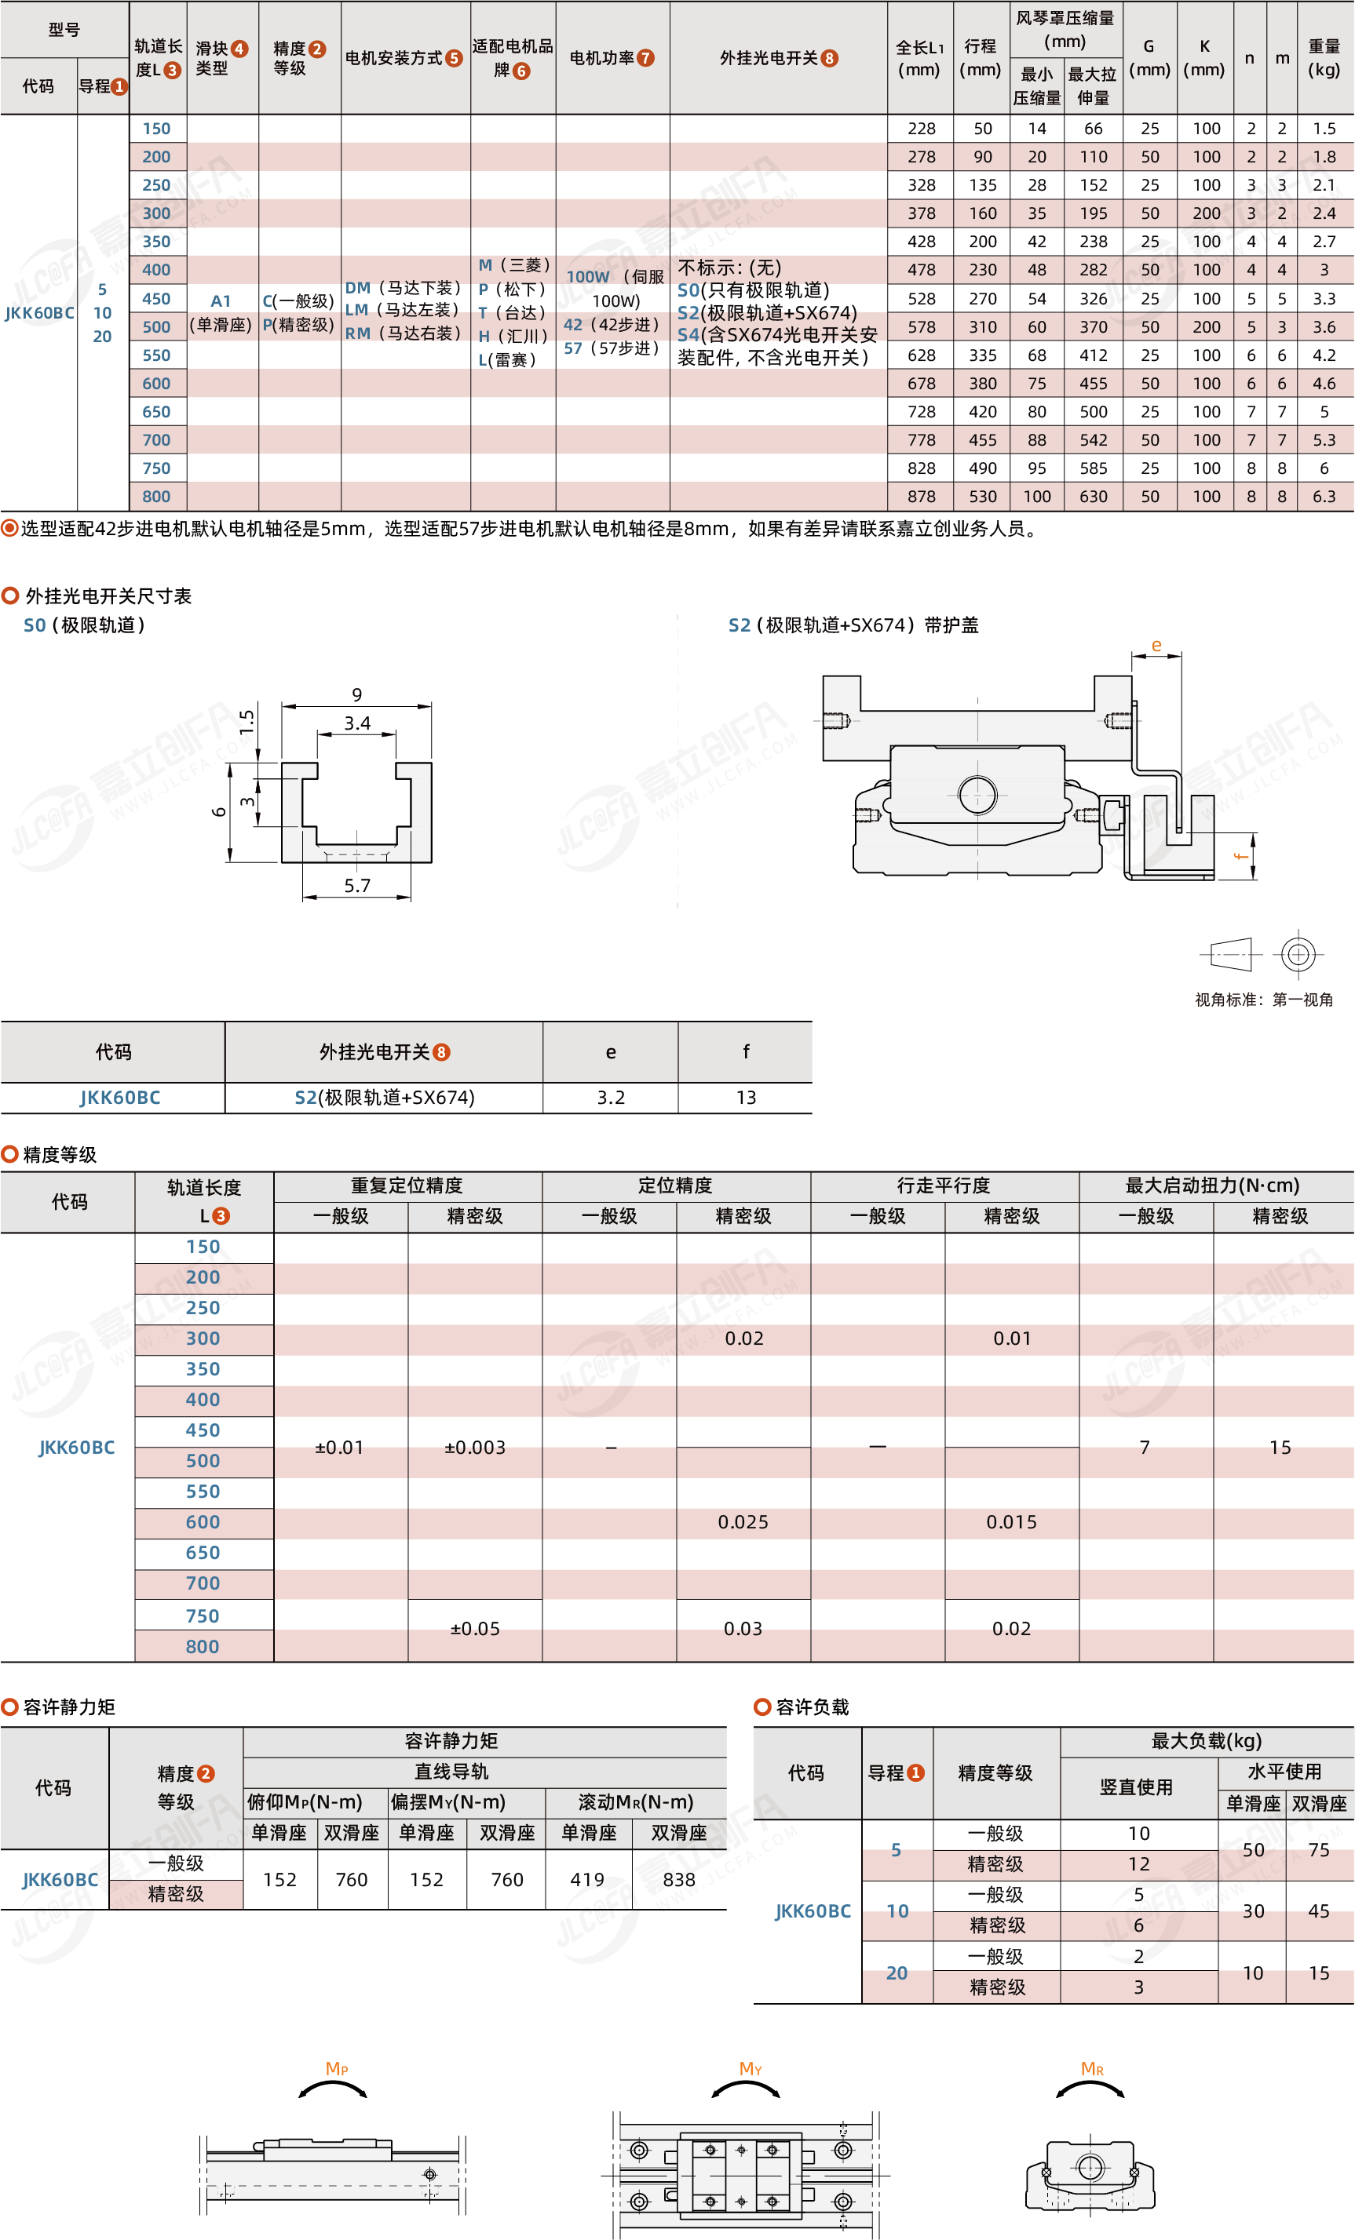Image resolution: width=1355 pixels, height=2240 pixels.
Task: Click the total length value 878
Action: point(920,497)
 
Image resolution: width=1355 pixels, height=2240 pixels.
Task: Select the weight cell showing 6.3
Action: point(1324,497)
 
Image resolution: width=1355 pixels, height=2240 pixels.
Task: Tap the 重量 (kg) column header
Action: point(1324,57)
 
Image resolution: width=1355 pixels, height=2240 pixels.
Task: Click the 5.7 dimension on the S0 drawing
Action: point(357,886)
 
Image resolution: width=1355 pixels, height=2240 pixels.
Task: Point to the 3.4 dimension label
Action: point(356,723)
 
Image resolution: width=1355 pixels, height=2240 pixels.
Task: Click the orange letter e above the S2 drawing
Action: point(1156,646)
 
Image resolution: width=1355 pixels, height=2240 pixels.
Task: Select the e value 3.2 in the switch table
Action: point(610,1098)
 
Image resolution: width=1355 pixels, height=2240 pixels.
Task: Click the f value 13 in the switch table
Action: point(746,1098)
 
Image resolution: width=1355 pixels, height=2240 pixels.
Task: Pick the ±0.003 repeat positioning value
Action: point(475,1448)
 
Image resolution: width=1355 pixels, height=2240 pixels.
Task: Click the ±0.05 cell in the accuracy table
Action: point(475,1628)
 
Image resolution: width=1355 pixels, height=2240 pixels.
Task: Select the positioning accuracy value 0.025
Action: point(743,1522)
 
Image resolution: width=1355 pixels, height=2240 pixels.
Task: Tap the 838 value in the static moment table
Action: point(678,1879)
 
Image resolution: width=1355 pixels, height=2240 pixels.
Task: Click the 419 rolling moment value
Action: point(587,1879)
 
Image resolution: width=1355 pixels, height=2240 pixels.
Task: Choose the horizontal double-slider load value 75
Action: point(1319,1849)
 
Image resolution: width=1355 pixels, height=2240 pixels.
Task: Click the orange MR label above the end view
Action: point(1092,2068)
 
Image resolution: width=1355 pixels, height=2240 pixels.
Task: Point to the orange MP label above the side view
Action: point(337,2068)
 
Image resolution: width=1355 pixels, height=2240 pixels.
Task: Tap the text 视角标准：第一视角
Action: point(1264,999)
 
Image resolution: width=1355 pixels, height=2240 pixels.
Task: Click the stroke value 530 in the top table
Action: point(982,497)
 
